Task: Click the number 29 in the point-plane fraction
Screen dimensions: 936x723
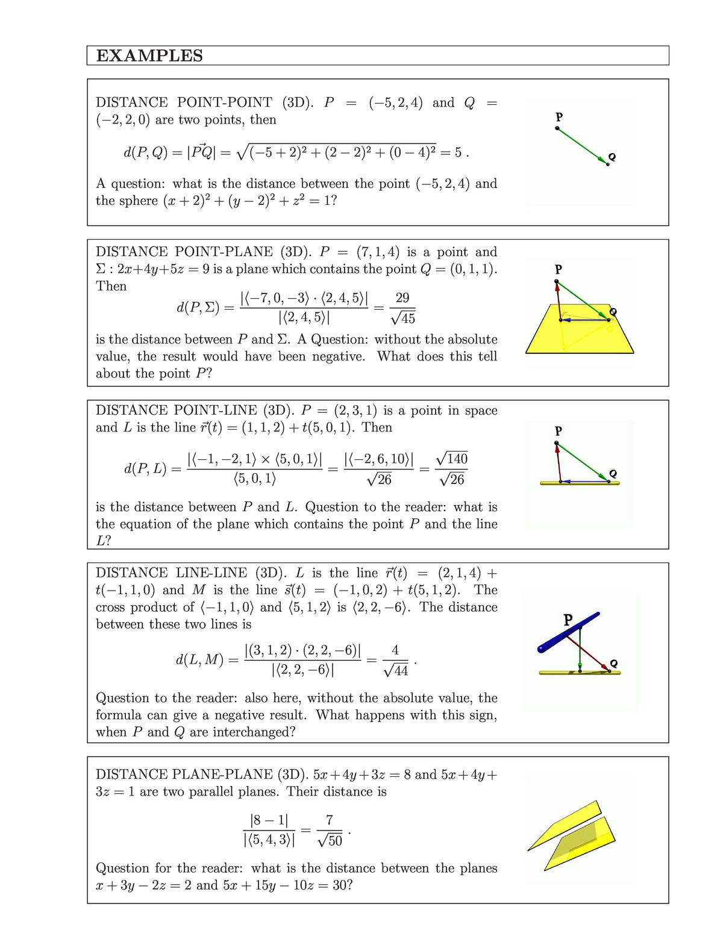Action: click(402, 298)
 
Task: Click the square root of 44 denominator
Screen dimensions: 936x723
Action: click(396, 670)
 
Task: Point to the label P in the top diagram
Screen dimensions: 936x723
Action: click(559, 116)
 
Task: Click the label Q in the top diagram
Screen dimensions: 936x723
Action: click(612, 157)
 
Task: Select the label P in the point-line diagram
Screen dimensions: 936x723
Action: click(558, 431)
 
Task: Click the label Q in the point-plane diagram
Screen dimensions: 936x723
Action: click(613, 312)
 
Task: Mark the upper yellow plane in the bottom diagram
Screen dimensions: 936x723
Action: click(563, 826)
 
